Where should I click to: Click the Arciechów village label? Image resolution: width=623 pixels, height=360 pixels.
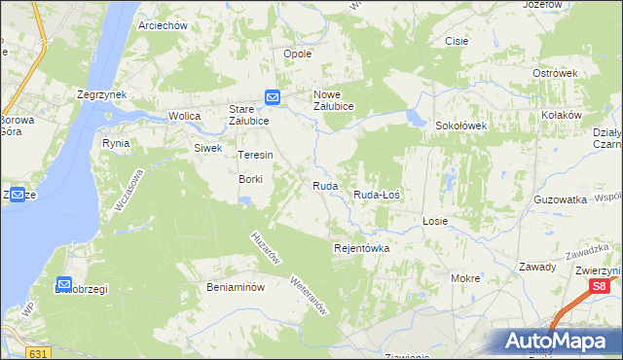[x=163, y=26]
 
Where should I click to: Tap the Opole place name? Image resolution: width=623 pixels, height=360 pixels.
[x=297, y=54]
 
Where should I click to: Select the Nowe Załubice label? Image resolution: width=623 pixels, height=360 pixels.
[x=332, y=100]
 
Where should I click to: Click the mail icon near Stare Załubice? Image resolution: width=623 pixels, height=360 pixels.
[x=273, y=97]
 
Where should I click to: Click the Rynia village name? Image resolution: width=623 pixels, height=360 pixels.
[x=116, y=143]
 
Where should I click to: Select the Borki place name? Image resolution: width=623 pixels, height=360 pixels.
[x=251, y=179]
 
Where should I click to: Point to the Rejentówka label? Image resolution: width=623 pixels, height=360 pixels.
[x=362, y=248]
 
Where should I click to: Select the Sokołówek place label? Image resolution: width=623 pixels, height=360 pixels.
[x=460, y=126]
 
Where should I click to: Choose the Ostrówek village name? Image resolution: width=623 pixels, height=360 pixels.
[x=556, y=73]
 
